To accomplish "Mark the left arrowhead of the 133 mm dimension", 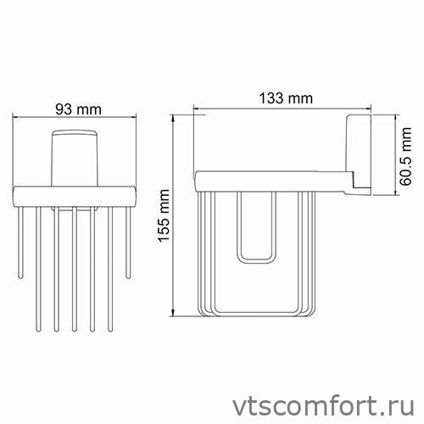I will (197, 109).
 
